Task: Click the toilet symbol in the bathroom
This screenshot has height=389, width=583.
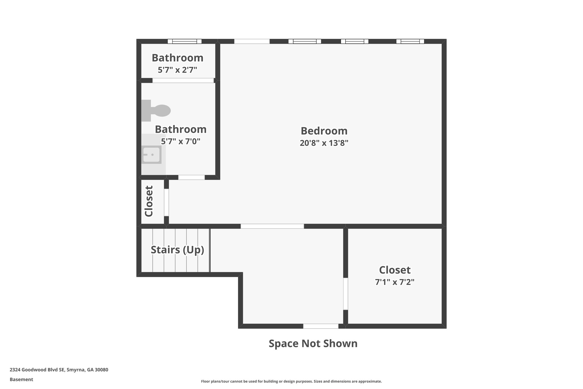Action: coord(157,111)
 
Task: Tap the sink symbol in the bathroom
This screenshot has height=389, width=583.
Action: coord(151,155)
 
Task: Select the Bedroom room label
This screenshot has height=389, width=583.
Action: coord(324,131)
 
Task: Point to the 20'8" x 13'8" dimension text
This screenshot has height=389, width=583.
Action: coord(324,143)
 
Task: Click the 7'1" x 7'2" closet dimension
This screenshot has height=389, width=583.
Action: coord(395,282)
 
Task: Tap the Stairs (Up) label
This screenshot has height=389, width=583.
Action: coord(177,250)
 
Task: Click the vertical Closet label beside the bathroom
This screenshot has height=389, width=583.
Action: coord(149,201)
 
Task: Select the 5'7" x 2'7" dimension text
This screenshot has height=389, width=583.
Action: coord(177,70)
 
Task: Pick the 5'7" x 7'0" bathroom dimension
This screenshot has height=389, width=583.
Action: coord(180,141)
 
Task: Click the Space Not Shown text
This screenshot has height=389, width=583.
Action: coord(313,343)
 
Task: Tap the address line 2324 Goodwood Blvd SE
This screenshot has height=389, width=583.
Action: coord(59,370)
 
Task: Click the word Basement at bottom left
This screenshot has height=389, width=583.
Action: coord(21,379)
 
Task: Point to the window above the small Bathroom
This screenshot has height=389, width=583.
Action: coord(184,41)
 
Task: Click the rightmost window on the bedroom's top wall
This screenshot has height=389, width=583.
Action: coord(410,41)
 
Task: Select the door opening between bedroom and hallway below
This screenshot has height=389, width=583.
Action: coord(272,226)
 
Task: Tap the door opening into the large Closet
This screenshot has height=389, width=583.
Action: coord(345,294)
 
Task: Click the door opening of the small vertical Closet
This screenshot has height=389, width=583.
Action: coord(166,202)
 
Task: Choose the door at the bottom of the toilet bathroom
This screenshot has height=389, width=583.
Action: coord(191,177)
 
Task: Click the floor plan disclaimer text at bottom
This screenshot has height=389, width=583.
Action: coord(291,381)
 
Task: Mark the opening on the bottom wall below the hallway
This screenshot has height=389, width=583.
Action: coord(321,326)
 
